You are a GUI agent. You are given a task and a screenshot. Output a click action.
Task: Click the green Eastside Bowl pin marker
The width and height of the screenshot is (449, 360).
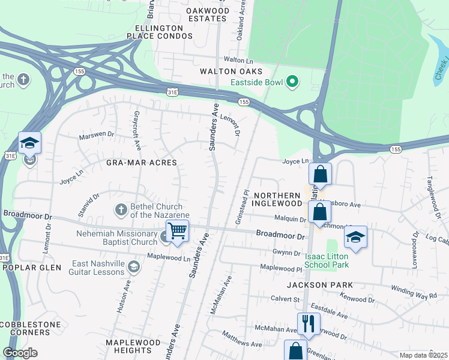tap(293, 81)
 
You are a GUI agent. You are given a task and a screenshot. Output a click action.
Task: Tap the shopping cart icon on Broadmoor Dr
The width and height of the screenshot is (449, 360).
tap(177, 231)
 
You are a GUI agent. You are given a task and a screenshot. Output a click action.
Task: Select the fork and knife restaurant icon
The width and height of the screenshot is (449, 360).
tap(309, 323)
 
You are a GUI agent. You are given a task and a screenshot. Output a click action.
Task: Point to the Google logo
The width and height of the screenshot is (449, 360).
tap(20, 353)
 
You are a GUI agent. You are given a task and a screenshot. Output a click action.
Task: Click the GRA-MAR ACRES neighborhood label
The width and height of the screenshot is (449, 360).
tap(142, 163)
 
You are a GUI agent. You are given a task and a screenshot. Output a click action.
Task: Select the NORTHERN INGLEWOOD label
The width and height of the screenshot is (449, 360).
tap(277, 200)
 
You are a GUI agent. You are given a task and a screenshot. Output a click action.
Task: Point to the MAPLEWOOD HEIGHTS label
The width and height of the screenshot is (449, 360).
tap(133, 346)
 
